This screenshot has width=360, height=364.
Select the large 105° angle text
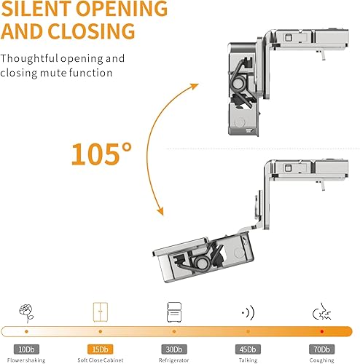coord(102,154)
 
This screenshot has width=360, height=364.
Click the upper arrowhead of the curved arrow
coord(195,86)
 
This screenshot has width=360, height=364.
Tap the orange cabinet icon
coord(100,313)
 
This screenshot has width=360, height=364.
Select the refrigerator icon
coord(173,313)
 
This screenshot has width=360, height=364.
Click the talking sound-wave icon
coord(246,313)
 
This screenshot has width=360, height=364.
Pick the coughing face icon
coord(318,313)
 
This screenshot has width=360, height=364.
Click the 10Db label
coord(26,349)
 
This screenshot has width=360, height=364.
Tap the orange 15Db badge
coord(100,349)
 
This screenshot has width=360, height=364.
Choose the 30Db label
coord(173,349)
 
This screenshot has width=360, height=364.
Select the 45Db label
coord(246,349)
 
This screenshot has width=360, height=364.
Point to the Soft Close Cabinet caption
coord(100,359)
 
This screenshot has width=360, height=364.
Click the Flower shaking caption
coord(26,359)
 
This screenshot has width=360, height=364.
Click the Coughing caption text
coord(320,359)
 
